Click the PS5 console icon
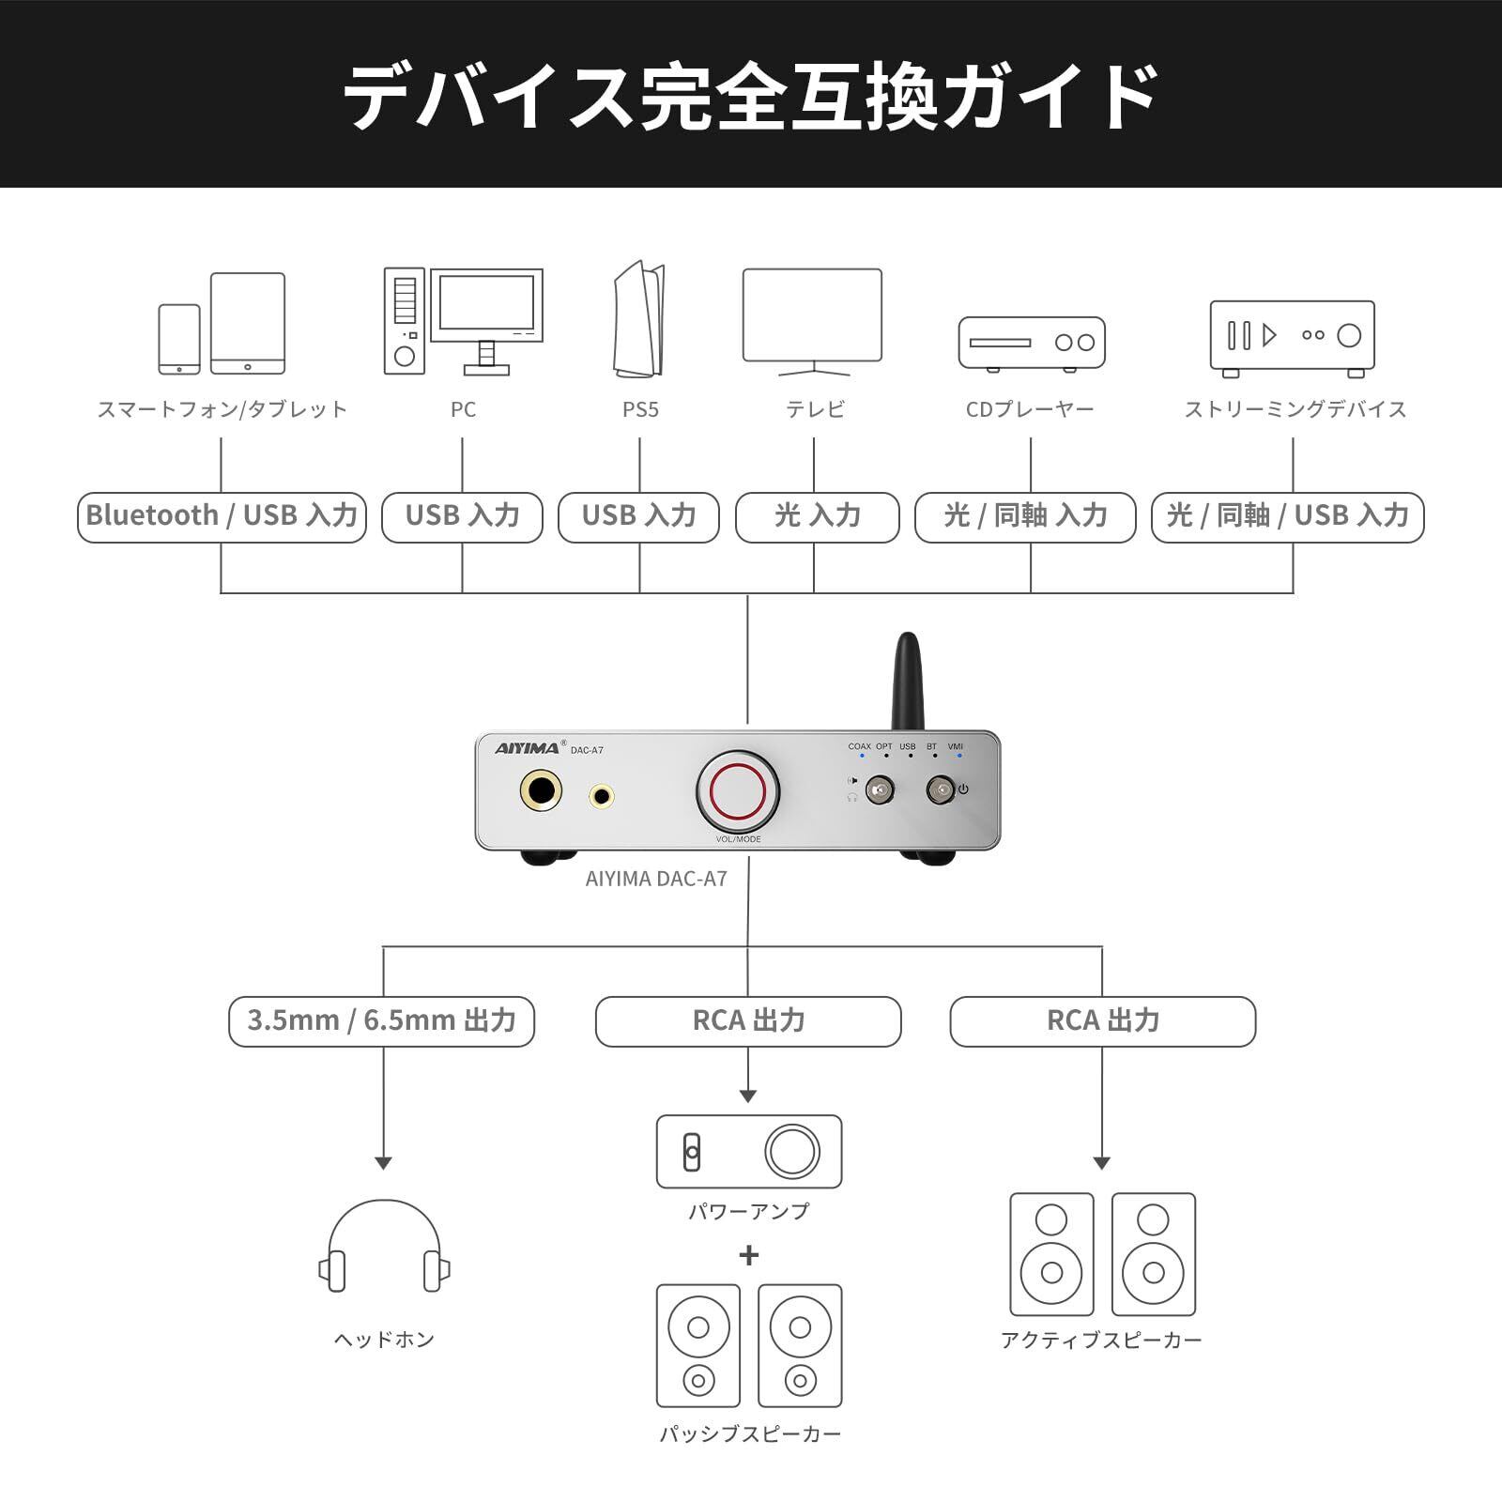(639, 318)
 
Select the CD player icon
(1032, 343)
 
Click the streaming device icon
(1293, 339)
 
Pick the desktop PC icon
(463, 321)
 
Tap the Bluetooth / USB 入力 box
(222, 517)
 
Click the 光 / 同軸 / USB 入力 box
(1288, 517)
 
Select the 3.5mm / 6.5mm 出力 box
(381, 1021)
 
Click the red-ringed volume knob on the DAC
(738, 790)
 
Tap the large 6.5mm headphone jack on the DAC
(541, 792)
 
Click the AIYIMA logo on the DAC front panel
(528, 748)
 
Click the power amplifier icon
(749, 1152)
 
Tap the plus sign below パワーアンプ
(748, 1255)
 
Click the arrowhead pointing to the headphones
(383, 1163)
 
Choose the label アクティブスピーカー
(1101, 1340)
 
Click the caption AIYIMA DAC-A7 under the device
(656, 879)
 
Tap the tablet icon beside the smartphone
(248, 324)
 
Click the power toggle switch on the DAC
(941, 790)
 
